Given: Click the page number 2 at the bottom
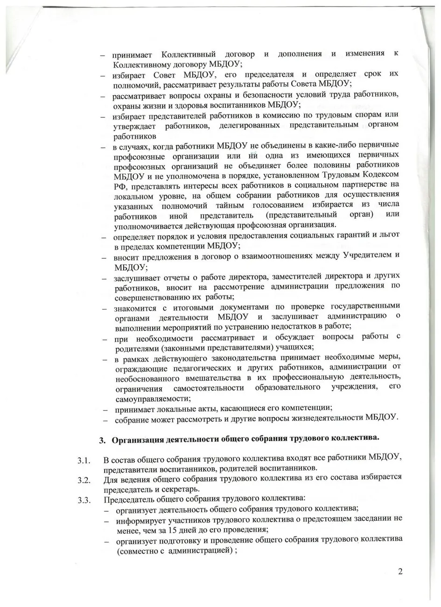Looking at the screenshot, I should pyautogui.click(x=400, y=572).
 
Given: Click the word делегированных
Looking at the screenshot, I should pyautogui.click(x=247, y=125).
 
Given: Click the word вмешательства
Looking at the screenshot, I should pyautogui.click(x=215, y=378).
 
